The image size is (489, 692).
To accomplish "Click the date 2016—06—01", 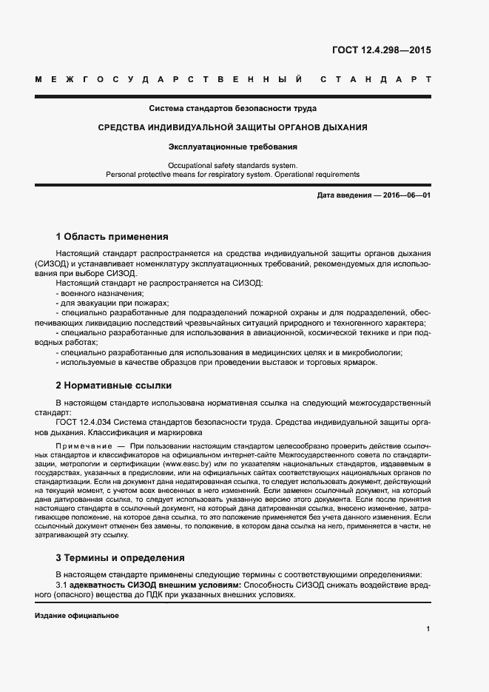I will click(406, 195).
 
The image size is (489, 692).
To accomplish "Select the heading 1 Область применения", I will click(112, 237).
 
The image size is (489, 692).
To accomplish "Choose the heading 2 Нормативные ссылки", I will click(114, 386).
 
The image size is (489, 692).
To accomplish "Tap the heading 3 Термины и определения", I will click(120, 557).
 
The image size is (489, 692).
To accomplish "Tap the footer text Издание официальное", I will click(77, 616).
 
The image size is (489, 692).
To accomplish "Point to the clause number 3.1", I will click(61, 585).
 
